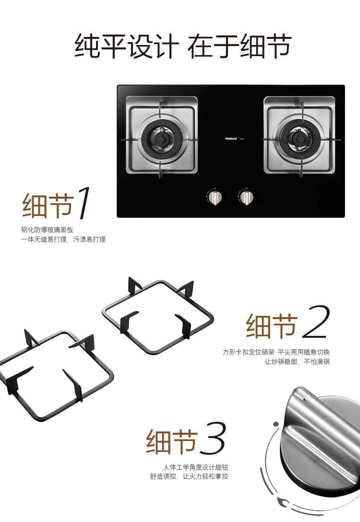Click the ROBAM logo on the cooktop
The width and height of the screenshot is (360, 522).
click(x=231, y=139)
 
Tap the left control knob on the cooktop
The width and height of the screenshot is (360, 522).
click(x=215, y=197)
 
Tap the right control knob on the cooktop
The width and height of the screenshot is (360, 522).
click(x=246, y=197)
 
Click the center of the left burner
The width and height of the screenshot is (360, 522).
click(x=161, y=139)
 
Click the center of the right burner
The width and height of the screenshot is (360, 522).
click(x=300, y=138)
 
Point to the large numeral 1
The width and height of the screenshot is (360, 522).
click(x=83, y=202)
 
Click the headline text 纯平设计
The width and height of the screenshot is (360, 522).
click(x=127, y=46)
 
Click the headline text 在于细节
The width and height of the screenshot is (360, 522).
click(x=240, y=46)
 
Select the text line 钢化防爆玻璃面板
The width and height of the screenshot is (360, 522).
click(x=48, y=230)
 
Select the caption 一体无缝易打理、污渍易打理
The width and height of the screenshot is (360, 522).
click(x=63, y=239)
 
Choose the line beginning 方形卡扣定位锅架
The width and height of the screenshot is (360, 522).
click(x=276, y=352)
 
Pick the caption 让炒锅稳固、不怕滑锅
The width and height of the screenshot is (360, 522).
click(x=297, y=362)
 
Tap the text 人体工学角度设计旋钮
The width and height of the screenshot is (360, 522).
click(x=195, y=467)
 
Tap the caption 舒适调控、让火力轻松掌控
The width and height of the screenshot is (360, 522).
click(x=189, y=476)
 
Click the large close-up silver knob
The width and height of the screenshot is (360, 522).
click(x=320, y=443)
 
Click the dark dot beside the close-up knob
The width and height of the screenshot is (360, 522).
click(x=276, y=424)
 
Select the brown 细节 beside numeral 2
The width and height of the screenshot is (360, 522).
click(x=272, y=326)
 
